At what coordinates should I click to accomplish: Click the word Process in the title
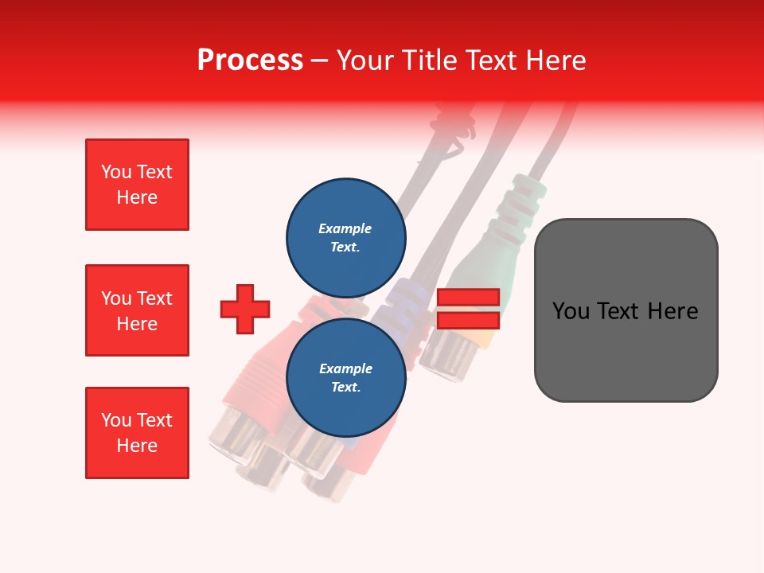pyautogui.click(x=250, y=60)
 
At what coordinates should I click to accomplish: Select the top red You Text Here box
pyautogui.click(x=137, y=185)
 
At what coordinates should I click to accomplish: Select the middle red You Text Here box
pyautogui.click(x=137, y=310)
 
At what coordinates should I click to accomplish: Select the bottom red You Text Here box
pyautogui.click(x=137, y=433)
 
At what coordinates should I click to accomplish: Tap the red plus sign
pyautogui.click(x=245, y=309)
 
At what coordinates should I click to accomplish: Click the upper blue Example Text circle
pyautogui.click(x=345, y=237)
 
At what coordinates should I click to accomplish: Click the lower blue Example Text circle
pyautogui.click(x=345, y=378)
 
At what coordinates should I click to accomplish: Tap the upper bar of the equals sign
pyautogui.click(x=468, y=297)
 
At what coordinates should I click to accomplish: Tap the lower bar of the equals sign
pyautogui.click(x=468, y=320)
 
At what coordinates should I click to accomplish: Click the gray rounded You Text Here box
pyautogui.click(x=626, y=310)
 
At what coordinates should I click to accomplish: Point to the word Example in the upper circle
pyautogui.click(x=345, y=228)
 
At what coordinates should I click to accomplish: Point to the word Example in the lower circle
pyautogui.click(x=345, y=368)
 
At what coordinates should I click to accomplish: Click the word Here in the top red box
pyautogui.click(x=137, y=197)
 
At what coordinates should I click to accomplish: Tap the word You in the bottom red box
pyautogui.click(x=115, y=420)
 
